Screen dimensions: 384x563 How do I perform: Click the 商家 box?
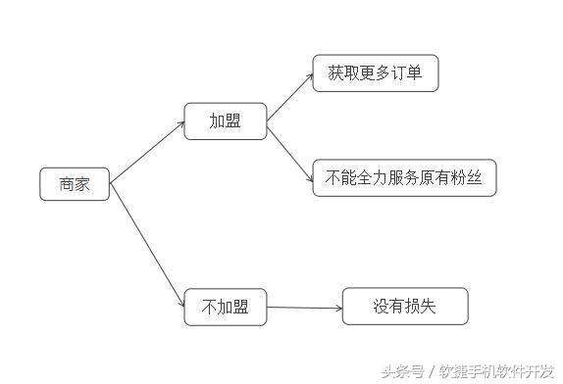(x=75, y=184)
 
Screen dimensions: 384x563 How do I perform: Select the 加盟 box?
(x=225, y=121)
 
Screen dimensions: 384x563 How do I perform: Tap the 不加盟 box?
(x=225, y=308)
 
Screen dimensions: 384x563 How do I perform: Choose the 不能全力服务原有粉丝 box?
(x=404, y=179)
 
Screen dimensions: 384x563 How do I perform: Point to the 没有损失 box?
(x=404, y=307)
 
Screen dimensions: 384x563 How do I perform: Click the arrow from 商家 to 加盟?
(x=147, y=153)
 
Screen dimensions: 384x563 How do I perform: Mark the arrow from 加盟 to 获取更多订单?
(x=289, y=96)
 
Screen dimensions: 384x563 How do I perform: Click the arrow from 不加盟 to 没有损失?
(x=304, y=308)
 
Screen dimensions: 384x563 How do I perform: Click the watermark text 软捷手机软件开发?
(x=496, y=371)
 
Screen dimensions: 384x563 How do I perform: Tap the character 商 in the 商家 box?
(x=66, y=184)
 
